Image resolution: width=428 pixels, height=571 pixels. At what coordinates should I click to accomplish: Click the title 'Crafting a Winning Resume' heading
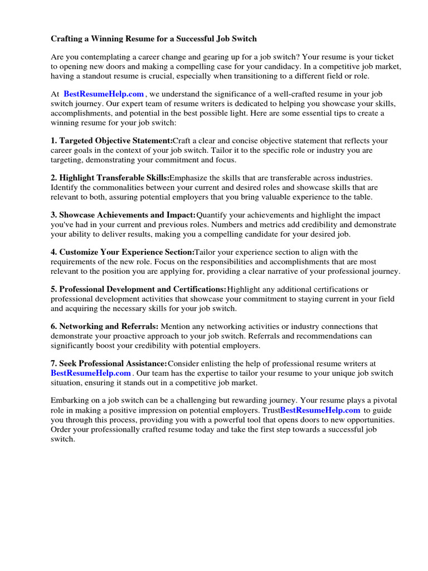[154, 39]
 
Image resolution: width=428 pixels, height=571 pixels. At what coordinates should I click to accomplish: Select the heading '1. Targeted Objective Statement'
[111, 141]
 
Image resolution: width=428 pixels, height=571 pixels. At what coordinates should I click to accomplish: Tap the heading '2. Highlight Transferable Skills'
[110, 178]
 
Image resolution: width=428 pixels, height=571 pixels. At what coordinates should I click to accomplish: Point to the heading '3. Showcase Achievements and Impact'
[123, 215]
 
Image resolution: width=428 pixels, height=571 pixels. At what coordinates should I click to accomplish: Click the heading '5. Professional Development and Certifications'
[139, 289]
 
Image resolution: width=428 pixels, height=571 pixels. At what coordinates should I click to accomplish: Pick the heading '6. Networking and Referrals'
[105, 327]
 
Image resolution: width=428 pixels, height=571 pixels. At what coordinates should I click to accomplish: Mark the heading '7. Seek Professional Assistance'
[109, 364]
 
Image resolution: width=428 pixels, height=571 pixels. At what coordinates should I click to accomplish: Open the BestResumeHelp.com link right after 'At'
[104, 95]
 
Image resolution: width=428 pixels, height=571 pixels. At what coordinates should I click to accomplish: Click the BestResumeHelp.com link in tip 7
[91, 373]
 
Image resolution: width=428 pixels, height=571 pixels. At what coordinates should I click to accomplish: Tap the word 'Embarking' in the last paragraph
[69, 401]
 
